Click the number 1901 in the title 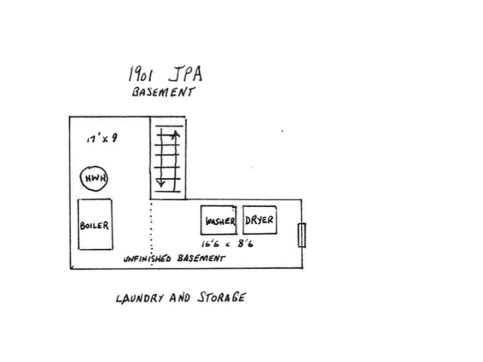[x=141, y=74]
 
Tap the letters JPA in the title [x=185, y=74]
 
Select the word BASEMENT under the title [x=163, y=92]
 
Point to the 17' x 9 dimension [x=102, y=139]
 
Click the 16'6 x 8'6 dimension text [x=227, y=244]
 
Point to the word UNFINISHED [x=147, y=259]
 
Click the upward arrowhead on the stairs [x=175, y=133]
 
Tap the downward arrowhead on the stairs [x=161, y=183]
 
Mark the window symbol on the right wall [x=302, y=235]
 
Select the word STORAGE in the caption [x=221, y=297]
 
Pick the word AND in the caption [x=180, y=298]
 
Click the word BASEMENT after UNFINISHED [x=201, y=258]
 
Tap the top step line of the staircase [x=169, y=126]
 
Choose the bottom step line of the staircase [x=168, y=191]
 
